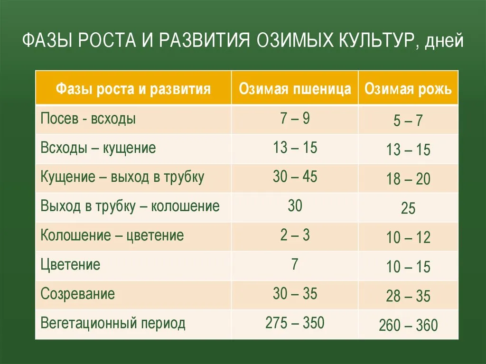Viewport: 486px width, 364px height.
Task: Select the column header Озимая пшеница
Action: point(295,89)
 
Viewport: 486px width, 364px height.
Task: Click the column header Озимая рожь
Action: point(408,89)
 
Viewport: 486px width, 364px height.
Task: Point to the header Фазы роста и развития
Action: point(133,89)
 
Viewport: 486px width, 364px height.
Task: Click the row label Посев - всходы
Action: point(88,119)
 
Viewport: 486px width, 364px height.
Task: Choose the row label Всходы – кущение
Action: point(98,148)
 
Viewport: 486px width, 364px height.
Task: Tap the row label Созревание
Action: point(77,294)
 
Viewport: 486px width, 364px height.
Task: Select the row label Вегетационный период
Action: point(113,323)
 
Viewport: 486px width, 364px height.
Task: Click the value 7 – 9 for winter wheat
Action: point(295,118)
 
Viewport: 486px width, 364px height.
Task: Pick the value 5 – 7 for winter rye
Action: point(408,120)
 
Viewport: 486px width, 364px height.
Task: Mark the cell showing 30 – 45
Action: point(295,177)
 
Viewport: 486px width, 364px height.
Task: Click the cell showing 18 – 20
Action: point(408,179)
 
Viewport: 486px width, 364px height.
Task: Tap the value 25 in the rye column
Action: point(408,208)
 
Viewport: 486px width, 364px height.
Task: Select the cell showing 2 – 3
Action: point(295,235)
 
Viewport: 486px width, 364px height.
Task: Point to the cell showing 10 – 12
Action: point(408,237)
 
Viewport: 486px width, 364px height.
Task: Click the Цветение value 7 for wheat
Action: point(295,264)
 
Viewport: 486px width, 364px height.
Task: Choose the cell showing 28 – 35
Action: point(408,296)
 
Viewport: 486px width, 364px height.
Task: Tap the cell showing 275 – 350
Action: point(295,322)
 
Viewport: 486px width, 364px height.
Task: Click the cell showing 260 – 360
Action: point(408,325)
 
